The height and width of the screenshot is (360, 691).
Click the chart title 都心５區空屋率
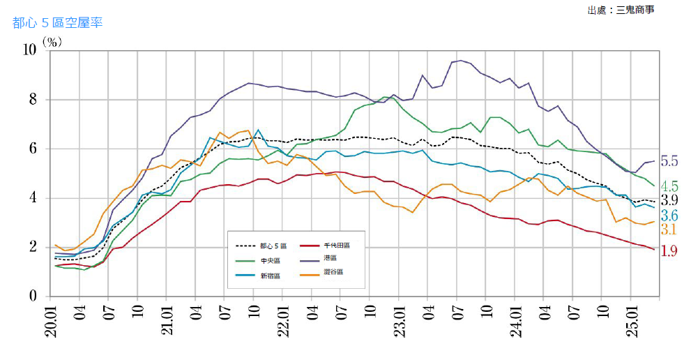point(58,23)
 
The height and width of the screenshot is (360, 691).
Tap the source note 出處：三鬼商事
point(621,10)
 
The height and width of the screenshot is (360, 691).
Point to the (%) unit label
point(52,42)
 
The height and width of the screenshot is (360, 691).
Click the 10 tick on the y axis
point(30,50)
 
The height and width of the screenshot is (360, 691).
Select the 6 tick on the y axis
point(33,149)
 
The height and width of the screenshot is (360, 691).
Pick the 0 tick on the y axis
point(33,297)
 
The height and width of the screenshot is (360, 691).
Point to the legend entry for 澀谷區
point(333,272)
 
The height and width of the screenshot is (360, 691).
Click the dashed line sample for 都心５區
point(245,246)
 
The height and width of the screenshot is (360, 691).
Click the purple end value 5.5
point(669,161)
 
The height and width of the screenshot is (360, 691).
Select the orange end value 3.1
point(669,230)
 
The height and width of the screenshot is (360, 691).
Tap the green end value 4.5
point(669,186)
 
